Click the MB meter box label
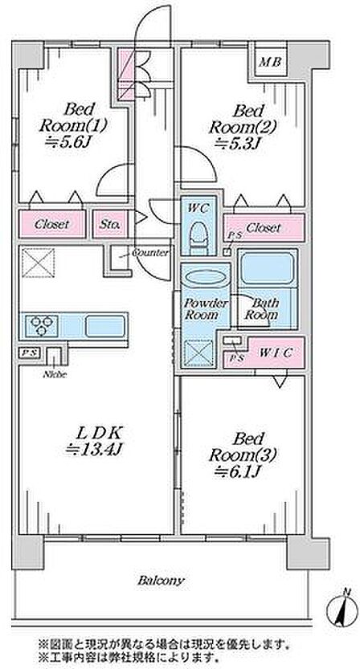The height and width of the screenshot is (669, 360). [x=270, y=63]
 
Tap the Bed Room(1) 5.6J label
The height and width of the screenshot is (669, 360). [x=73, y=125]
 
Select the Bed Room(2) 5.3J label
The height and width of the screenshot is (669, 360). [x=244, y=127]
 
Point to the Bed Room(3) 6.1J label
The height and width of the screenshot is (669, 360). [x=242, y=455]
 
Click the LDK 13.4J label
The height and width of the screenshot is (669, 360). [x=94, y=441]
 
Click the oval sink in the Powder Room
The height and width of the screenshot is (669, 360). [x=205, y=277]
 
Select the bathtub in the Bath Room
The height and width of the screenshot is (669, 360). [x=267, y=269]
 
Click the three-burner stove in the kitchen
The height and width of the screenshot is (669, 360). [x=42, y=326]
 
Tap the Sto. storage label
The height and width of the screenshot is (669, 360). [x=110, y=224]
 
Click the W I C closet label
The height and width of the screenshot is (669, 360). [x=276, y=353]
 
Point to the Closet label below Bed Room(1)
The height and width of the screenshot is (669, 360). [x=51, y=224]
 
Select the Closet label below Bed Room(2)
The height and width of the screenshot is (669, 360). [x=264, y=227]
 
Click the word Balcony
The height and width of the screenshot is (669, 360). [x=161, y=581]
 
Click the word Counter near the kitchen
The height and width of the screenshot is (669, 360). [x=150, y=253]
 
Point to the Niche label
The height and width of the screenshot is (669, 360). [x=54, y=375]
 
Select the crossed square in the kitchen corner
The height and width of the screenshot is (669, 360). [x=38, y=263]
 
